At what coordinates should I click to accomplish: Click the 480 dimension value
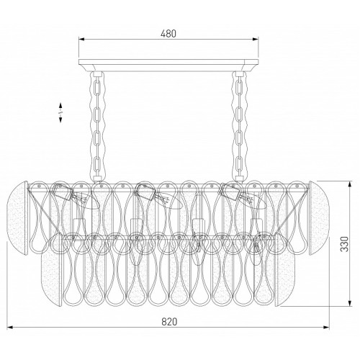[x=168, y=34]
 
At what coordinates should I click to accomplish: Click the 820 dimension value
[x=169, y=322]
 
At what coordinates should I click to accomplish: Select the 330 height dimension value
[x=345, y=244]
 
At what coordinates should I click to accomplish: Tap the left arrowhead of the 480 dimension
[x=81, y=39]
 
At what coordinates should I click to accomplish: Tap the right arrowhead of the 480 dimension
[x=256, y=39]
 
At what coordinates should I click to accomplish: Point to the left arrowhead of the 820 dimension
[x=9, y=327]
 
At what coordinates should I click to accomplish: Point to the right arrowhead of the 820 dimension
[x=327, y=327]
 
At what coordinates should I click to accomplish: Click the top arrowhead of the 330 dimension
[x=350, y=184]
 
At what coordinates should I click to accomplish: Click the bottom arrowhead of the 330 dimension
[x=350, y=304]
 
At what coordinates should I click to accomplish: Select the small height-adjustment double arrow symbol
[x=60, y=112]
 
